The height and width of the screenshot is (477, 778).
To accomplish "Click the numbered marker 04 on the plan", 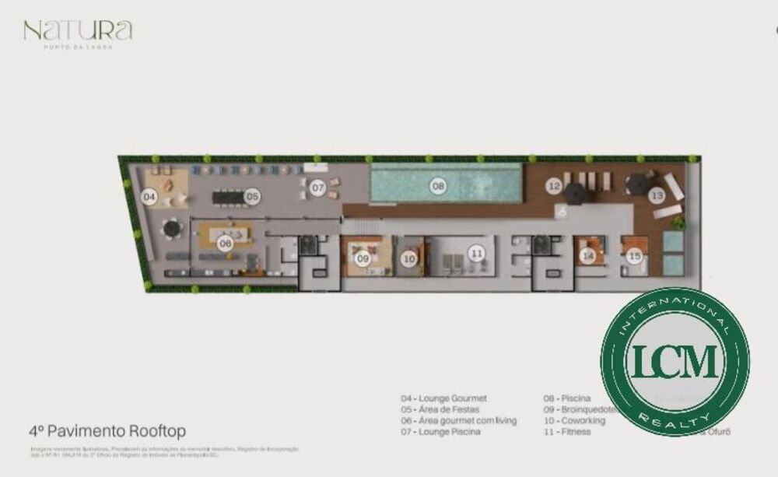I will pyautogui.click(x=149, y=198).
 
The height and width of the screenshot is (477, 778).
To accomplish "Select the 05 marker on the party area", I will pyautogui.click(x=252, y=197).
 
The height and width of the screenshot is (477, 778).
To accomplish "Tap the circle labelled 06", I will pyautogui.click(x=226, y=243).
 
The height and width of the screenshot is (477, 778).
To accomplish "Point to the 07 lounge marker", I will pyautogui.click(x=317, y=188).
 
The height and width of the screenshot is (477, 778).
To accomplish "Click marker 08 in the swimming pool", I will pyautogui.click(x=439, y=186).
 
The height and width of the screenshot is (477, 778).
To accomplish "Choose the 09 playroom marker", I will pyautogui.click(x=363, y=259).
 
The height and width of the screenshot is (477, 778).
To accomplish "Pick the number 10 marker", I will pyautogui.click(x=409, y=259).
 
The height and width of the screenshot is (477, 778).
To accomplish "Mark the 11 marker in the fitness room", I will pyautogui.click(x=476, y=253).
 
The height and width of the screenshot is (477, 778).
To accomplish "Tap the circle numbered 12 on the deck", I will pyautogui.click(x=554, y=186).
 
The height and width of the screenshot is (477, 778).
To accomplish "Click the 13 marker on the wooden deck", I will pyautogui.click(x=657, y=195).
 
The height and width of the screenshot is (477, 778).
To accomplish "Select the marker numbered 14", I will pyautogui.click(x=588, y=255).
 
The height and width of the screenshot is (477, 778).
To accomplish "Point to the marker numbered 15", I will pyautogui.click(x=634, y=255).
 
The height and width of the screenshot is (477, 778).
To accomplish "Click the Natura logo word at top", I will pyautogui.click(x=78, y=31).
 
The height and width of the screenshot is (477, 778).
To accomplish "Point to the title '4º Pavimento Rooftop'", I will pyautogui.click(x=107, y=430).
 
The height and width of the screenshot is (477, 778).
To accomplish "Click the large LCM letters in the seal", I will pyautogui.click(x=675, y=360).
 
